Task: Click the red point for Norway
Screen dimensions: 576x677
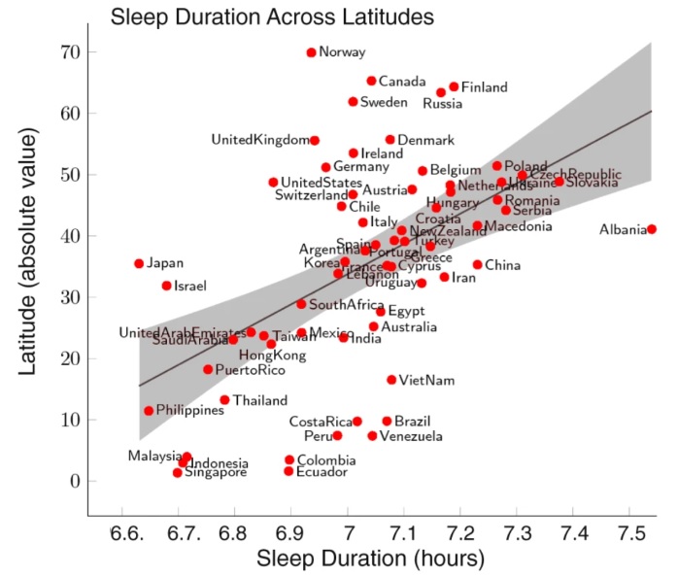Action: (x=311, y=52)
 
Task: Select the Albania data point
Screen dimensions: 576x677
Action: (x=652, y=229)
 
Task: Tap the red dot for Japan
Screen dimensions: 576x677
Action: (x=139, y=263)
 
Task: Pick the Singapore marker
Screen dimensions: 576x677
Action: (x=178, y=473)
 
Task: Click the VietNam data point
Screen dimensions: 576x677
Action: (x=391, y=380)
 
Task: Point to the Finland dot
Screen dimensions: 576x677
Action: (x=454, y=86)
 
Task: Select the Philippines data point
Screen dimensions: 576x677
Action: (x=149, y=411)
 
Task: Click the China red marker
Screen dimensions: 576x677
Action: (x=477, y=264)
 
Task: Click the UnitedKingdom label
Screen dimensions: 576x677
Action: (x=258, y=141)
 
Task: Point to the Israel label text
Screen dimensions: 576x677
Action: (x=191, y=286)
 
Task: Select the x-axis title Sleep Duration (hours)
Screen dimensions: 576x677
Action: (x=371, y=559)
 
